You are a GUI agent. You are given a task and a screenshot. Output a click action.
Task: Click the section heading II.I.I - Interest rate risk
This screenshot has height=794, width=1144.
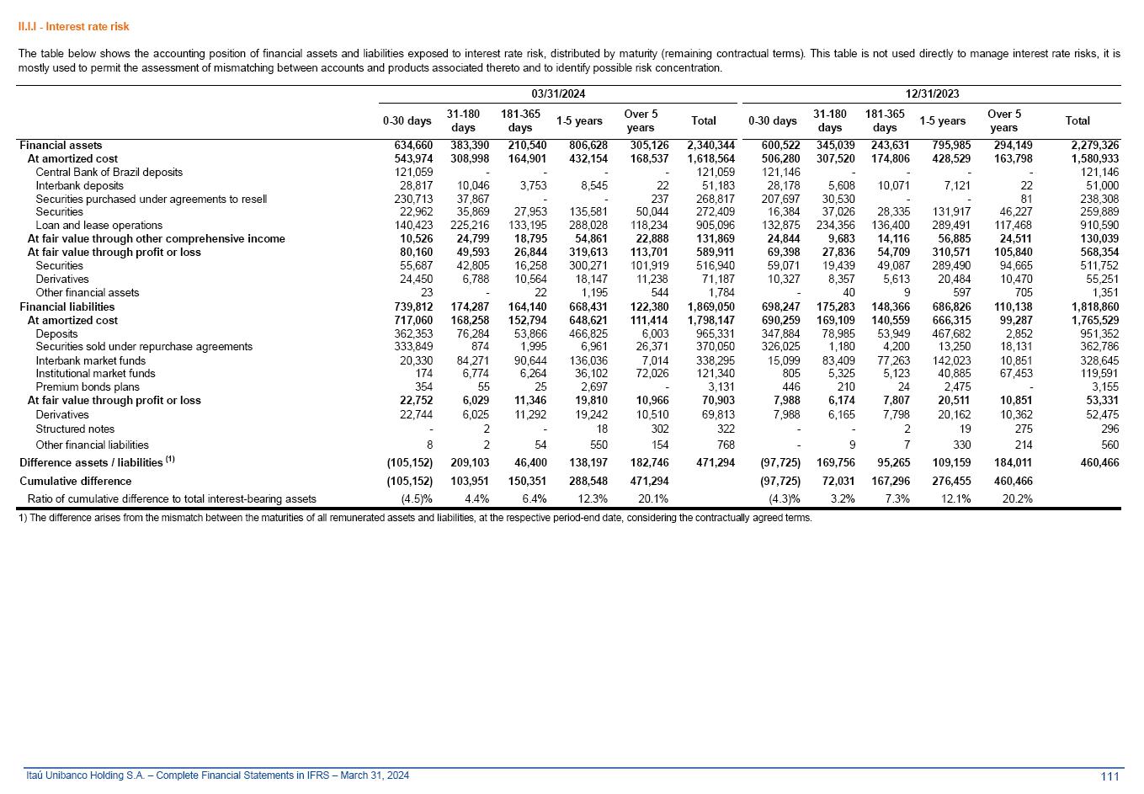(74, 27)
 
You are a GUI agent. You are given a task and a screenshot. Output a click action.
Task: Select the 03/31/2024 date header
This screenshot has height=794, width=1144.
(558, 94)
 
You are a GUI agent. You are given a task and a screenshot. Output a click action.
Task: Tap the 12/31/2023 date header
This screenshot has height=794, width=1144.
(932, 94)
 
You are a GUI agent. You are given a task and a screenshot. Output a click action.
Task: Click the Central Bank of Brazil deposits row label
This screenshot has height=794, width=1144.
(109, 172)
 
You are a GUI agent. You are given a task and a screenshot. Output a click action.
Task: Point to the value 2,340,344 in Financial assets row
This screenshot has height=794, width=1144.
(710, 145)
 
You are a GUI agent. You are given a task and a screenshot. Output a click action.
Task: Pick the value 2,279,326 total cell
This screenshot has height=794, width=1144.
(1094, 145)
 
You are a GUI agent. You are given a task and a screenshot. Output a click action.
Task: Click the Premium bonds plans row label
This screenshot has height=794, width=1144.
(88, 387)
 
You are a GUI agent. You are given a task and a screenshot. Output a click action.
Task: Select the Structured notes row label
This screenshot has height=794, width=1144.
(75, 429)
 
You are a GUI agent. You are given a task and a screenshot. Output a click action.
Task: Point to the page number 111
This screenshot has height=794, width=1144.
(1109, 776)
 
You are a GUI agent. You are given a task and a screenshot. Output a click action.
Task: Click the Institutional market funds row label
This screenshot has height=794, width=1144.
(95, 374)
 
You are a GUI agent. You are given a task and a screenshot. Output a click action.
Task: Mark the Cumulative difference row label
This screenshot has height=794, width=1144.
(75, 482)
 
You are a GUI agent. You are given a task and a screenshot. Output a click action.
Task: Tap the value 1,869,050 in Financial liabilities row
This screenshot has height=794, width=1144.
(710, 306)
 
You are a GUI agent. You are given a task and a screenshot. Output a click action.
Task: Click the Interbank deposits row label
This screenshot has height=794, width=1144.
(79, 185)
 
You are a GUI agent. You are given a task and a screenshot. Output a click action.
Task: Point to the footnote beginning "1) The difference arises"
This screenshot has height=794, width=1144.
(415, 518)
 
